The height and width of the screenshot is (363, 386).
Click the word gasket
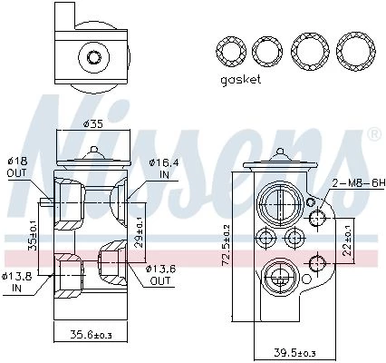(240, 80)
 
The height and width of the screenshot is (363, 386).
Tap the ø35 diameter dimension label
(93, 123)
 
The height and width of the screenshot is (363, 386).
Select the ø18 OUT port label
(17, 167)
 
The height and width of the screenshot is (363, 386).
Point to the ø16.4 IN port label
(164, 168)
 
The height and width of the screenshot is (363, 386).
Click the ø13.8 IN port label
(16, 282)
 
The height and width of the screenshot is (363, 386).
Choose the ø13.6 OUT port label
(160, 275)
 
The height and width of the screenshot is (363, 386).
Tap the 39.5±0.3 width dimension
(294, 352)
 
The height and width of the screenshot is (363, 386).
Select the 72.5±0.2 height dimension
(226, 245)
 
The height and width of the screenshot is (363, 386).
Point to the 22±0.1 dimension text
(349, 241)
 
